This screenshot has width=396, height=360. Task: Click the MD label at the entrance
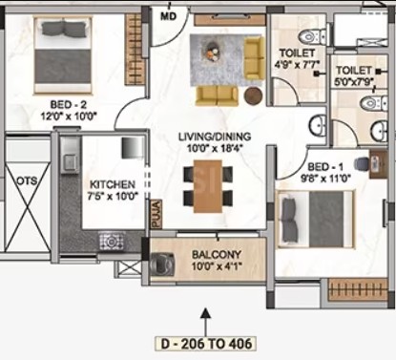click(168, 16)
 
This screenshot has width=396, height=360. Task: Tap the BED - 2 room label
click(68, 105)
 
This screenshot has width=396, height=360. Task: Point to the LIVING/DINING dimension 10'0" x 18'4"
click(215, 148)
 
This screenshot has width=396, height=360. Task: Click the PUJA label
click(156, 214)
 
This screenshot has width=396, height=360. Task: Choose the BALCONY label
click(217, 255)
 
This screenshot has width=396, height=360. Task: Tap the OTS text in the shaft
click(27, 180)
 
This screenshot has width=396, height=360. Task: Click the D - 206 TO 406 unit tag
click(206, 344)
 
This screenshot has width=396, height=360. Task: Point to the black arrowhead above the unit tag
click(206, 313)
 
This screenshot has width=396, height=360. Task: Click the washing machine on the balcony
click(162, 264)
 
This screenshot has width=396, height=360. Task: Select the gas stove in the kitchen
click(112, 242)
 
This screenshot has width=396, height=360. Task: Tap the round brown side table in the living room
click(254, 95)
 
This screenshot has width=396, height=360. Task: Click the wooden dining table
click(208, 186)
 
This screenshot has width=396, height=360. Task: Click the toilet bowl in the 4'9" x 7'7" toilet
click(312, 37)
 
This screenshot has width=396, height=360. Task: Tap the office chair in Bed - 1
click(362, 164)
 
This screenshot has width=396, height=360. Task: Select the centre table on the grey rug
click(213, 51)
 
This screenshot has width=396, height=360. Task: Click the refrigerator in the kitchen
click(133, 148)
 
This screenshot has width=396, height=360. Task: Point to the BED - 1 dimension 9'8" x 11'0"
click(325, 179)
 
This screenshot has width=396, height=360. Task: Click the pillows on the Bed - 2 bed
click(64, 28)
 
